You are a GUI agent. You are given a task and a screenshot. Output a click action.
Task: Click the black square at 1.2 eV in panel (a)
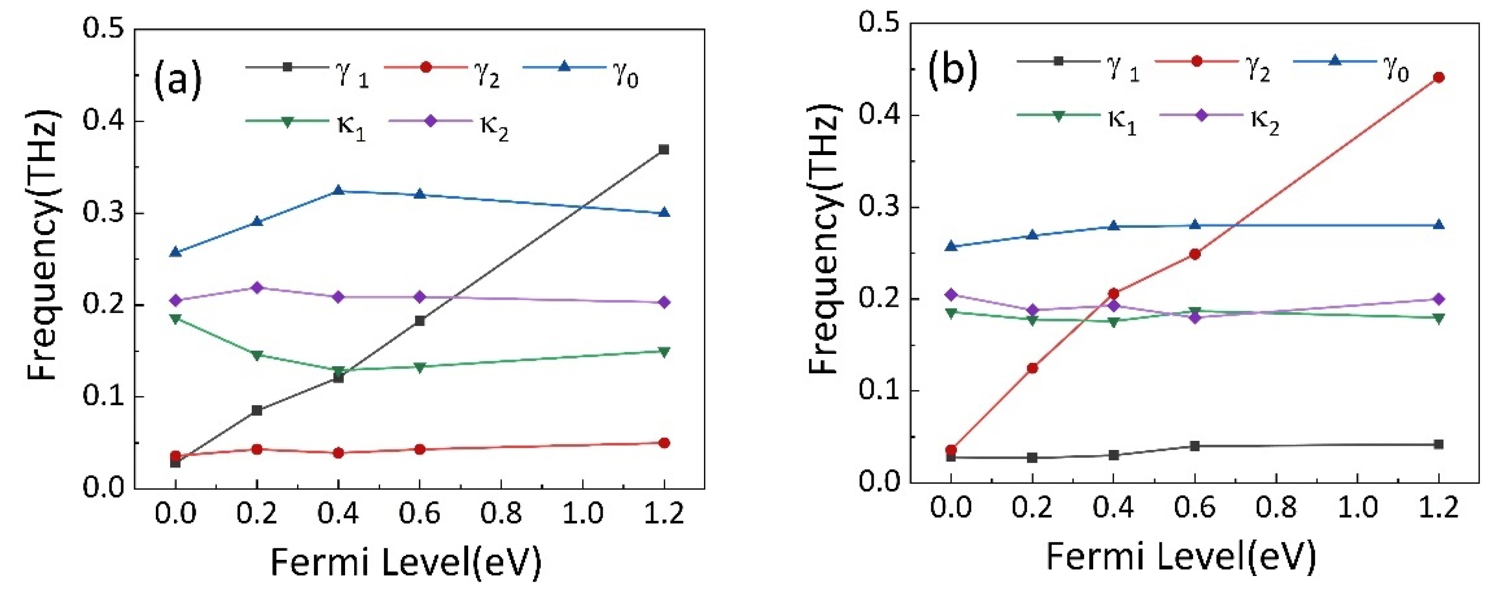663,150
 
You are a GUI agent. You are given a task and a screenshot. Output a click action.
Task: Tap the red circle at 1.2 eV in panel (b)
1438,78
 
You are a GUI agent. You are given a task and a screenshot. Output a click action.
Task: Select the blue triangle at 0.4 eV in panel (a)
338,191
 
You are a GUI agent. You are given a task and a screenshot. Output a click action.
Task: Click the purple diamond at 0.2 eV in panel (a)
257,288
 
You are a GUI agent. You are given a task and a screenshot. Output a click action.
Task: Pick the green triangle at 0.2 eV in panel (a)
257,355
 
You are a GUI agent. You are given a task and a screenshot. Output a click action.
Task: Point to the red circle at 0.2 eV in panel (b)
1032,368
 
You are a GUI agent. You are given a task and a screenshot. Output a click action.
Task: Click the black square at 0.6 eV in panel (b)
1194,446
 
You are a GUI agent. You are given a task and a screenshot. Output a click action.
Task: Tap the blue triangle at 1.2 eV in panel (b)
1438,224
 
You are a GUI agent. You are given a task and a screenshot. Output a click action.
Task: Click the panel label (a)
177,80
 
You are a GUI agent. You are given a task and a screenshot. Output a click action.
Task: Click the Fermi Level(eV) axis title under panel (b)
1181,556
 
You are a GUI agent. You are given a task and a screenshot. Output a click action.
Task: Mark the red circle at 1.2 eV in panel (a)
663,443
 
